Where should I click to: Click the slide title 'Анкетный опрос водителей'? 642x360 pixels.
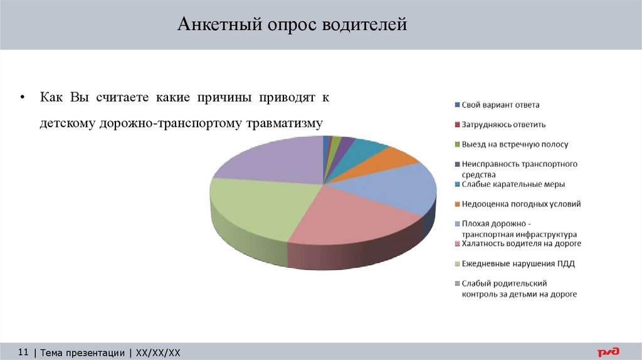(x=292, y=25)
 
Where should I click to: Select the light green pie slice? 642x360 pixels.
(x=254, y=207)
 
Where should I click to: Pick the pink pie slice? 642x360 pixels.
(x=348, y=216)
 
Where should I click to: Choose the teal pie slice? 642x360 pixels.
(x=364, y=148)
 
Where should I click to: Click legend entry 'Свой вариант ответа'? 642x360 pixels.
(x=500, y=105)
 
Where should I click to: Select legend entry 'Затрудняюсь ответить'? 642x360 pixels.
(x=503, y=124)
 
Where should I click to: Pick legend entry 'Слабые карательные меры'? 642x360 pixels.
(x=513, y=184)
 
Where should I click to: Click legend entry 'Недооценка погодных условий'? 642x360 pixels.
(x=521, y=204)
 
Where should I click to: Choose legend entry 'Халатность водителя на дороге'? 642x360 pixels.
(x=521, y=243)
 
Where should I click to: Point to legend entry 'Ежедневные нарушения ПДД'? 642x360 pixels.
(x=518, y=263)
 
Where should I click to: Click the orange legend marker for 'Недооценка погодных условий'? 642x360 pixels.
(x=457, y=204)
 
